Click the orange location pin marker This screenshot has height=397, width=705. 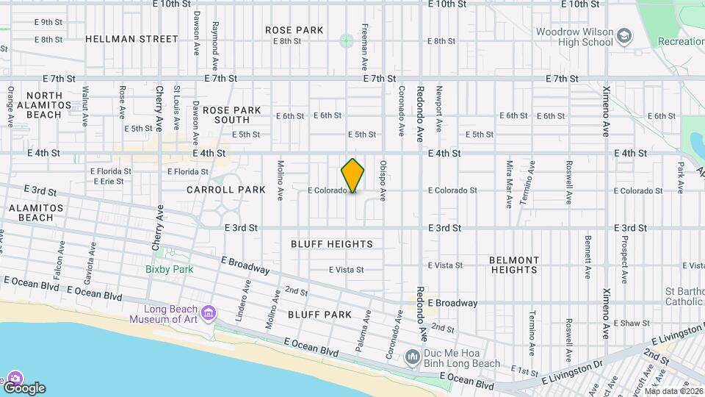tap(352, 175)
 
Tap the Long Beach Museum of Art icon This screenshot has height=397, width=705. tap(209, 314)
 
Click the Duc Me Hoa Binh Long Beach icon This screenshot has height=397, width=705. tap(413, 357)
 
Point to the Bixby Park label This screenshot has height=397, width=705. tap(169, 269)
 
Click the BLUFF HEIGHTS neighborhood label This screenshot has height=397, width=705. tap(331, 244)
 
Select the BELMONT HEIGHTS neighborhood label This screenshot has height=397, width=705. tap(514, 265)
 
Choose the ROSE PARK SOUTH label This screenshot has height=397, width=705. tap(232, 115)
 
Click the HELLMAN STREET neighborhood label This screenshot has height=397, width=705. tap(131, 38)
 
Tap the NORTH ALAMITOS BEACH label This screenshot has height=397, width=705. tap(54, 105)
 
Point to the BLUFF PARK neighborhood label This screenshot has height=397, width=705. tap(319, 315)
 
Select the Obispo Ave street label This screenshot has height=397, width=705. tap(383, 181)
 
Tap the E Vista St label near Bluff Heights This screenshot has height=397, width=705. tap(346, 270)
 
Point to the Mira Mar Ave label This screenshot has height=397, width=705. tap(509, 183)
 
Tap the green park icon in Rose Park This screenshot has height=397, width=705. tap(346, 40)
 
